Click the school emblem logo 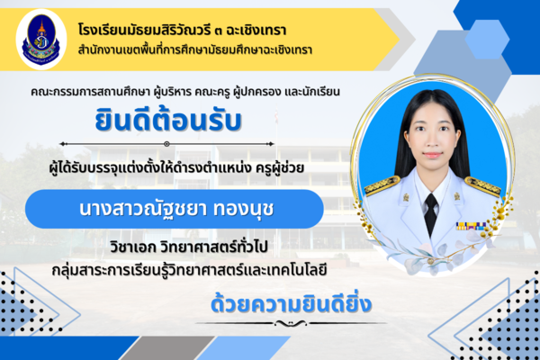pyautogui.click(x=41, y=40)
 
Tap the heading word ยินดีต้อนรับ pyautogui.click(x=168, y=120)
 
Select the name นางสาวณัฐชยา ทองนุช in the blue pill pyautogui.click(x=176, y=209)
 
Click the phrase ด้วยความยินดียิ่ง pyautogui.click(x=291, y=303)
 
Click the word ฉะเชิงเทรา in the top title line pyautogui.click(x=256, y=30)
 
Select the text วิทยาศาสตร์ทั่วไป pyautogui.click(x=214, y=247)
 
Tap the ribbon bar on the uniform pyautogui.click(x=471, y=226)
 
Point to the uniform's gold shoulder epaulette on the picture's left pyautogui.click(x=382, y=185)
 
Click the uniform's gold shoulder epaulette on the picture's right pyautogui.click(x=482, y=186)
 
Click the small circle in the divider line pyautogui.click(x=166, y=144)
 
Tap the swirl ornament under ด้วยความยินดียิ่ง pyautogui.click(x=291, y=323)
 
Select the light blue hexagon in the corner pyautogui.click(x=487, y=39)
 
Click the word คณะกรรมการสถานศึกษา pyautogui.click(x=90, y=92)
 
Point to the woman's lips pyautogui.click(x=433, y=155)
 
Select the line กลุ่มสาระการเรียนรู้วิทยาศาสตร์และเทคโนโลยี pyautogui.click(x=189, y=270)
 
